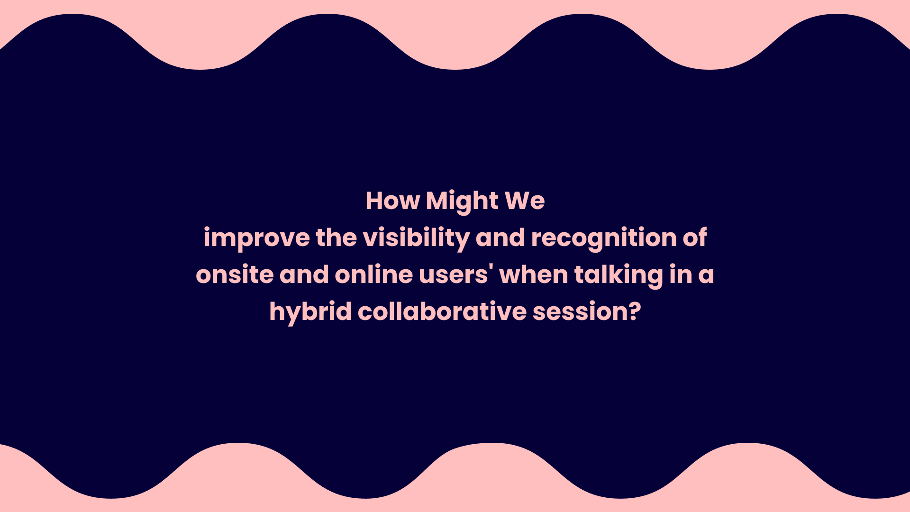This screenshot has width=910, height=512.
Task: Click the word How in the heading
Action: pos(393,201)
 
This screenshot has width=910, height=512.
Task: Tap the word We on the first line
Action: pos(525,201)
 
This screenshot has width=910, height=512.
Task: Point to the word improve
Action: pos(256,238)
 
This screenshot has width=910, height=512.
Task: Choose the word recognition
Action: pos(604,238)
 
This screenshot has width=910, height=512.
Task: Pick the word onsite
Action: pos(235,275)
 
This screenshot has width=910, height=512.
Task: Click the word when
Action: pos(534,274)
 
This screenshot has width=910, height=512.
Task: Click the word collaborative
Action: pos(442,312)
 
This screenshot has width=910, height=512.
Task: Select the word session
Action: pos(582,312)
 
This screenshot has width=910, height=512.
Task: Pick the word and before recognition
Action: pos(500,238)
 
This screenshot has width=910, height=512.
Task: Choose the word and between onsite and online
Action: pos(304,274)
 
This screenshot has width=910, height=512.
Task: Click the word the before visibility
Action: pos(336,238)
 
